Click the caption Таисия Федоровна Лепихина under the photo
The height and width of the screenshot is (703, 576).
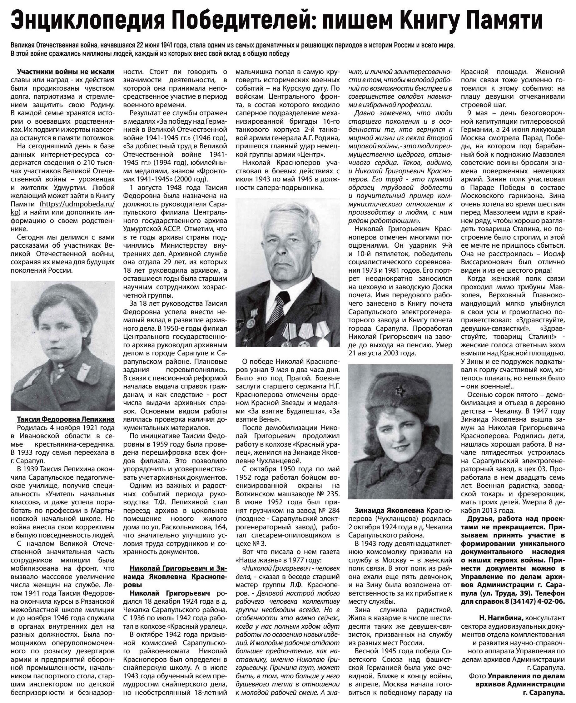pos(66,419)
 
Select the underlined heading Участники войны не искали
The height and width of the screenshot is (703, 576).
pos(66,72)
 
